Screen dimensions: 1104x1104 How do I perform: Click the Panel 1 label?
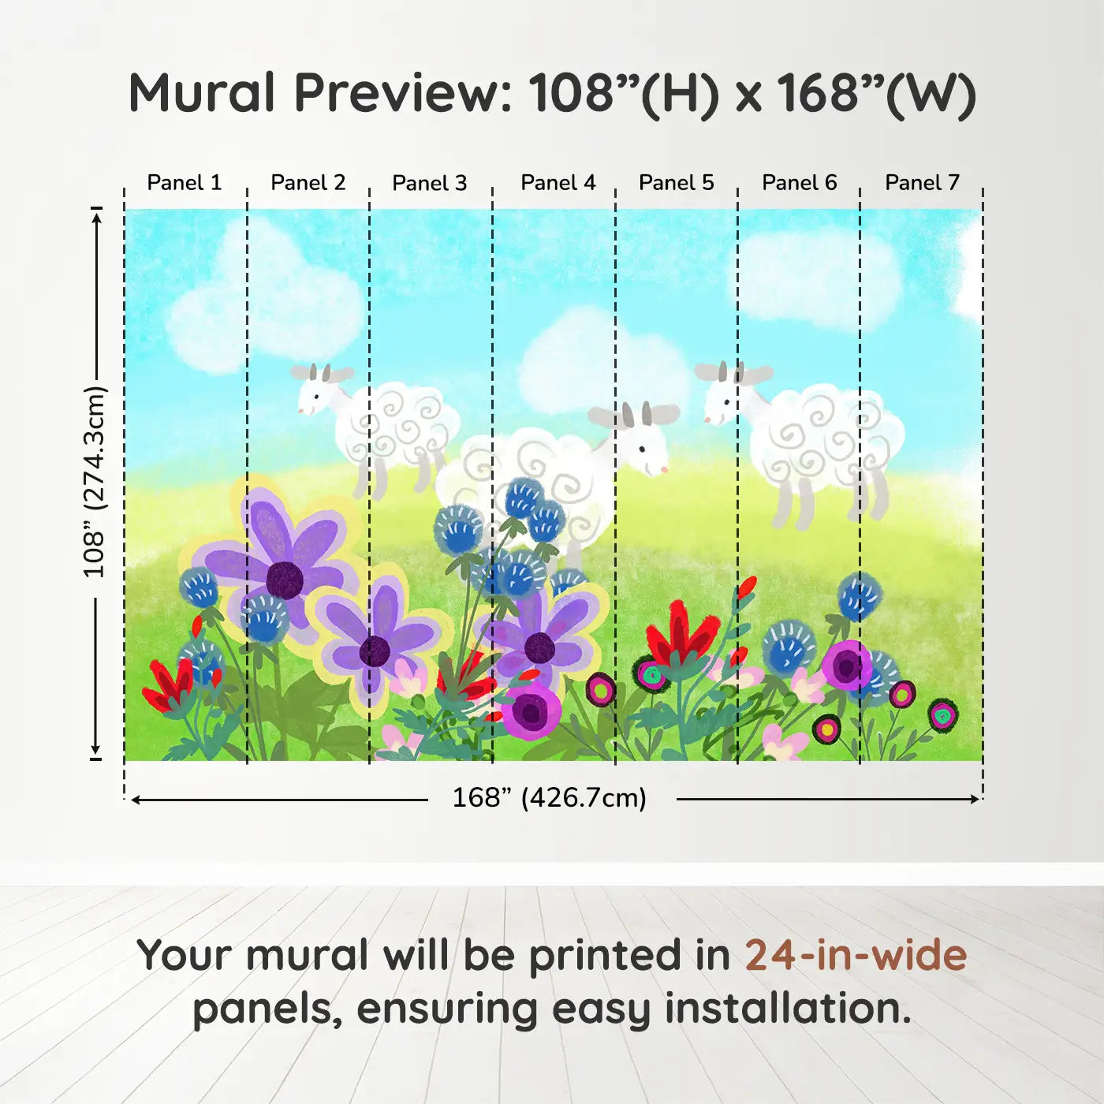coord(184,183)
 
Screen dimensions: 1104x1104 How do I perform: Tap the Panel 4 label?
coord(558,183)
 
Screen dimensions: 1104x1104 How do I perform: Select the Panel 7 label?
coord(922,183)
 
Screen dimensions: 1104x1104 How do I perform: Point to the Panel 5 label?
coord(676,183)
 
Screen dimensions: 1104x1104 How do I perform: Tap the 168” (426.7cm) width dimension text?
coord(550,798)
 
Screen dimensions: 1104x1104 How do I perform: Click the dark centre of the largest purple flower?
coord(285,580)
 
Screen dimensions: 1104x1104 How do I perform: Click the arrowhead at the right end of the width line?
coord(975,799)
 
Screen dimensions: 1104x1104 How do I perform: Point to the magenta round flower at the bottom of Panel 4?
coord(531,711)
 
